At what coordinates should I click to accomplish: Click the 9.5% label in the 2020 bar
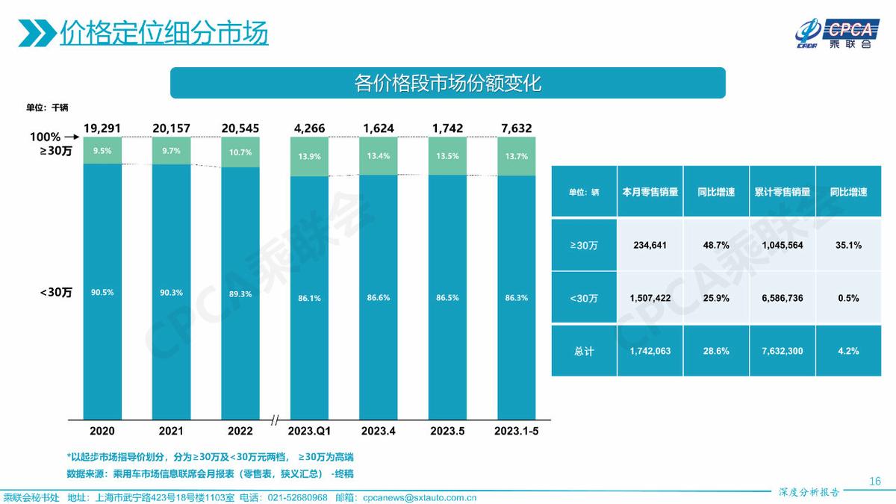point(102,150)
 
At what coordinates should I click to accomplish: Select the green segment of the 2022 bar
point(240,152)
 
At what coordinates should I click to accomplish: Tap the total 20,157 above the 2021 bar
point(171,128)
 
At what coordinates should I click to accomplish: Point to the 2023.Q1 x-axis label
point(309,431)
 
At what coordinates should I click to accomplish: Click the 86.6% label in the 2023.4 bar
point(378,297)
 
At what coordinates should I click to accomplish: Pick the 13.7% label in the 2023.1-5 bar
point(516,156)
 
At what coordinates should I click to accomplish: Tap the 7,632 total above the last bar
point(516,128)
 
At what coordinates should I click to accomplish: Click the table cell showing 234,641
point(648,245)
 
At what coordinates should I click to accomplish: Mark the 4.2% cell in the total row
point(848,350)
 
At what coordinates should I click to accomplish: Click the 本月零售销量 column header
point(650,192)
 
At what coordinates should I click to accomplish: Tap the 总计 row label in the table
point(584,351)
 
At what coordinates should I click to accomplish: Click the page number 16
point(875,480)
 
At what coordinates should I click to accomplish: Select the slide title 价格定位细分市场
point(164,34)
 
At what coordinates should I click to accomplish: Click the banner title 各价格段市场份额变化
point(447,83)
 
